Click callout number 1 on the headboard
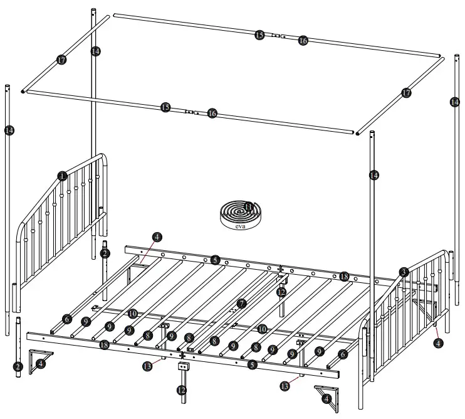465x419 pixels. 62,176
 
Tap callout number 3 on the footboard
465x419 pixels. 404,272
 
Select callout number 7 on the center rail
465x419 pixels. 242,304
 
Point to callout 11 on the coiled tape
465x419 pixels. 249,207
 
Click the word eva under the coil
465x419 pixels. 241,226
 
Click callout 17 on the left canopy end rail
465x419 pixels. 61,60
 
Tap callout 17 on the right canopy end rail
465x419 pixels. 406,93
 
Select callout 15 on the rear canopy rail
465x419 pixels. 259,35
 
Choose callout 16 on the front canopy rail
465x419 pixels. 212,114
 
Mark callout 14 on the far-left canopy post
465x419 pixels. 9,130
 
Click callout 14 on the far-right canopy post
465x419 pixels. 454,100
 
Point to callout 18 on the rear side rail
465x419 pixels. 344,276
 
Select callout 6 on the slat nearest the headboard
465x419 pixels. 67,319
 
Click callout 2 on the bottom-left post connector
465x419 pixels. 18,366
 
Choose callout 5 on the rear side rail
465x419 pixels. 215,259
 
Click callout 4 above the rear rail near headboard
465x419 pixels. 157,237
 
